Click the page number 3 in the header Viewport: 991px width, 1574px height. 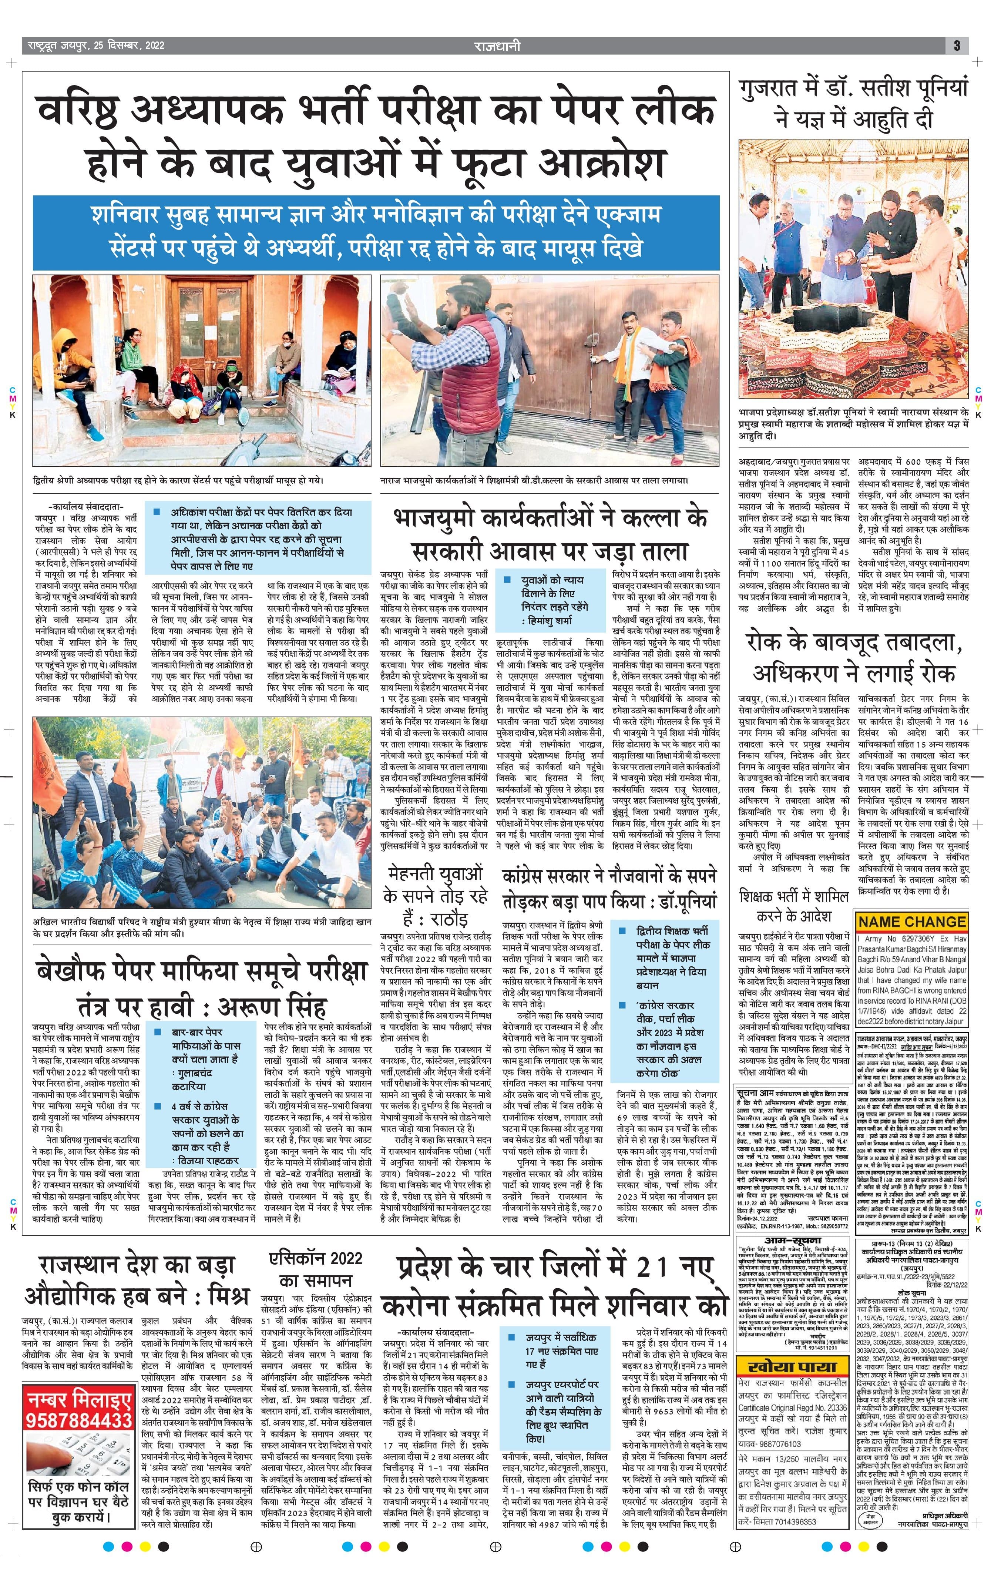pyautogui.click(x=956, y=46)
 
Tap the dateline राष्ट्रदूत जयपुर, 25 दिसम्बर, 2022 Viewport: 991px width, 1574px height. pyautogui.click(x=96, y=46)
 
